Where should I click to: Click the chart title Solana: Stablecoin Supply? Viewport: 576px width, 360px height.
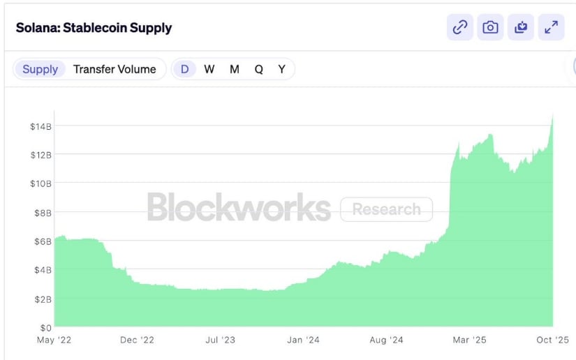point(94,28)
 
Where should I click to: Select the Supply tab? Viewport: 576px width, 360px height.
point(40,69)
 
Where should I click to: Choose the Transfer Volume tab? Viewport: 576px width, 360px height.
point(115,69)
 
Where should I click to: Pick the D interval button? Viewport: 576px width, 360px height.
point(185,69)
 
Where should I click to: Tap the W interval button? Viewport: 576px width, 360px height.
point(209,69)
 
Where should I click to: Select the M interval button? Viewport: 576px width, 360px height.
point(235,69)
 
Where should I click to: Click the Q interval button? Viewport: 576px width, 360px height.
point(258,69)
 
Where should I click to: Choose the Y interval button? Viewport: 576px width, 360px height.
point(281,69)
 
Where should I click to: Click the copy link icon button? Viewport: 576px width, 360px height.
point(460,27)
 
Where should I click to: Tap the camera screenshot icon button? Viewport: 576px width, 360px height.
point(491,27)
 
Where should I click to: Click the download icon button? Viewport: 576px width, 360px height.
point(521,27)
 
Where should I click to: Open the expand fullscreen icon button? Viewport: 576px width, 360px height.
point(552,27)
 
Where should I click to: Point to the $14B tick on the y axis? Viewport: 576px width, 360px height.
point(40,126)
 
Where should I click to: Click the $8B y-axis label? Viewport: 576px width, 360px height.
point(40,212)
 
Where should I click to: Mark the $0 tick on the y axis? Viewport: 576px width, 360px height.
point(45,327)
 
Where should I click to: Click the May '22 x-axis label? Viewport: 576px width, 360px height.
point(54,340)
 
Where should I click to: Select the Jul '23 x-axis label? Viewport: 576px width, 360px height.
point(221,340)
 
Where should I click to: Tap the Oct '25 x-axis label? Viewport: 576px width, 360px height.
point(553,340)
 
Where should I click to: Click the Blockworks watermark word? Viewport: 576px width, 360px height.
point(239,207)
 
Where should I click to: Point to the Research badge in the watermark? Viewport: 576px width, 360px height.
point(386,209)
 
